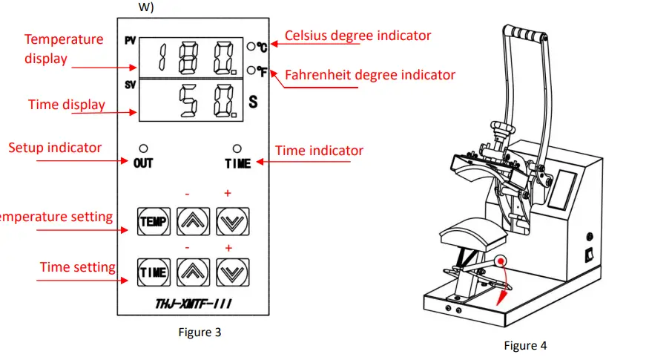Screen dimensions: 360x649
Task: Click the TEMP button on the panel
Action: coord(154,221)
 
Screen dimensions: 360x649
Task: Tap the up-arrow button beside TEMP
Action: coord(193,221)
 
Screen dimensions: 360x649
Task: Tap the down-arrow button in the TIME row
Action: coord(233,272)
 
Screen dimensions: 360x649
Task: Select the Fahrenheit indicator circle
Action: coord(252,71)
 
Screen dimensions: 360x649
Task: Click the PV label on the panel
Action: coord(130,42)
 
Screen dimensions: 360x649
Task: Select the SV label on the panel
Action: coord(130,86)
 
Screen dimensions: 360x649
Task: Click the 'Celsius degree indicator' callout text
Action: coord(358,36)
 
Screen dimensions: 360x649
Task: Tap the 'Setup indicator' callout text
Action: coord(55,148)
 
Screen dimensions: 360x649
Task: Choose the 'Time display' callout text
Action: coord(67,105)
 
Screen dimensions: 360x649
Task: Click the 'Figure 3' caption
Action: coord(200,333)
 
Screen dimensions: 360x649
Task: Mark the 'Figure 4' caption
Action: coord(525,345)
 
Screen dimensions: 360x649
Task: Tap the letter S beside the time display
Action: coord(252,102)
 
